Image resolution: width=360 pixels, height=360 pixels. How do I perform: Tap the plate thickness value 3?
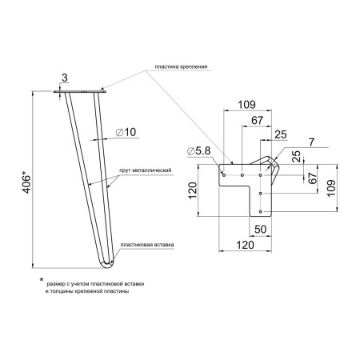[x=65, y=78]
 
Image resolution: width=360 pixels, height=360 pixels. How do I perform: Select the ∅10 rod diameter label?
[x=126, y=132]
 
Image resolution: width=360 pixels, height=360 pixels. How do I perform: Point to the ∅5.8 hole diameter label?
[x=199, y=151]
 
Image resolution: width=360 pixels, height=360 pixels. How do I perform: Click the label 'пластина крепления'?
[x=181, y=66]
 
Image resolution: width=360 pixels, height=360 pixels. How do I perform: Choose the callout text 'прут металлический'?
[x=146, y=170]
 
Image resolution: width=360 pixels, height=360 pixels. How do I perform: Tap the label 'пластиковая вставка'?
[x=147, y=245]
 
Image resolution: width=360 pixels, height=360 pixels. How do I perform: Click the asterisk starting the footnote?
[x=42, y=280]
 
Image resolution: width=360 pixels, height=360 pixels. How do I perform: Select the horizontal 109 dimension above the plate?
[x=246, y=105]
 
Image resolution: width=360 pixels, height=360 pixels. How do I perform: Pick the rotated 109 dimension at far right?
[x=331, y=188]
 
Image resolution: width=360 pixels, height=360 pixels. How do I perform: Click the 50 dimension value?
[x=260, y=230]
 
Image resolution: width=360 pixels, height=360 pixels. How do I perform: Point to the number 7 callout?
[x=312, y=142]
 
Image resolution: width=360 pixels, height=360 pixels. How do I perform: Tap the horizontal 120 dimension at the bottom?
[x=246, y=245]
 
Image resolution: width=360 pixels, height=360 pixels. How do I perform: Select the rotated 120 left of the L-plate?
[x=192, y=190]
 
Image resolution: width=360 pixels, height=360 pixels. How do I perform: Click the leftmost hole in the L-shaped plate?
[x=224, y=175]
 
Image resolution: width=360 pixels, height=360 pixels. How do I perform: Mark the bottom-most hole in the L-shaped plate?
[x=261, y=212]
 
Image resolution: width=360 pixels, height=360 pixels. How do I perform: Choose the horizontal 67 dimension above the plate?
[x=258, y=121]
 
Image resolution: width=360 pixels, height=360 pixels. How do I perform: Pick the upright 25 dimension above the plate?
[x=281, y=134]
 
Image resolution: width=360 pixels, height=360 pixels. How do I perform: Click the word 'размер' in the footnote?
[x=55, y=284]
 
